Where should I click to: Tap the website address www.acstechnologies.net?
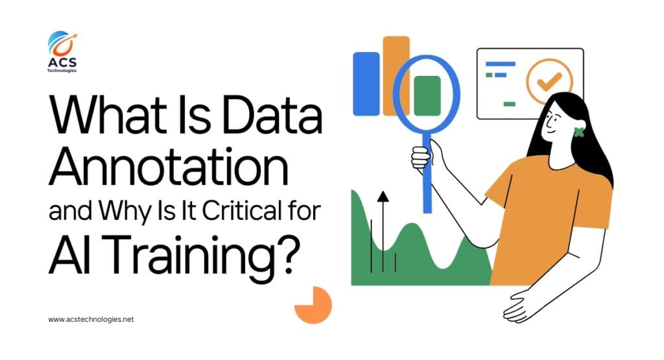point(91,320)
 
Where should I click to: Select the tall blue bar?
point(366,83)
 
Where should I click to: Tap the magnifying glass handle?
point(427,175)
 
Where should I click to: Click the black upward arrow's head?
point(383,196)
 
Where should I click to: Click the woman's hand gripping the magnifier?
point(421,157)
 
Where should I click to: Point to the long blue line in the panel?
point(500,64)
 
